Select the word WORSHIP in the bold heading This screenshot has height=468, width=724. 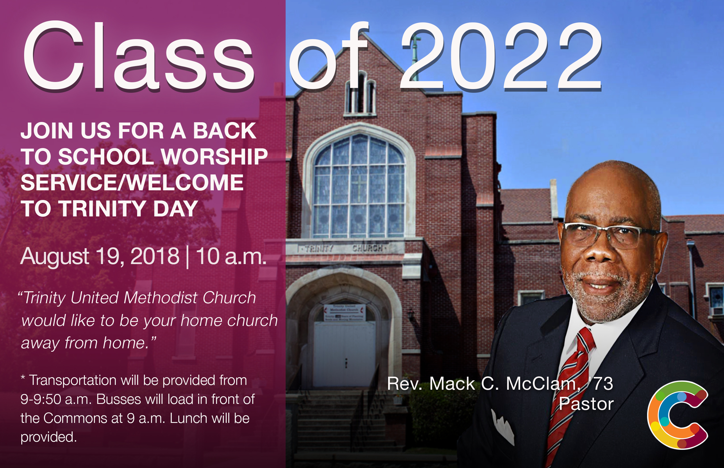pyautogui.click(x=214, y=157)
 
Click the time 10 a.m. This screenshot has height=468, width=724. pyautogui.click(x=231, y=256)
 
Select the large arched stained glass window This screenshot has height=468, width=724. pyautogui.click(x=359, y=185)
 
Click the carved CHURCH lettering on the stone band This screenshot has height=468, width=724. pyautogui.click(x=367, y=248)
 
